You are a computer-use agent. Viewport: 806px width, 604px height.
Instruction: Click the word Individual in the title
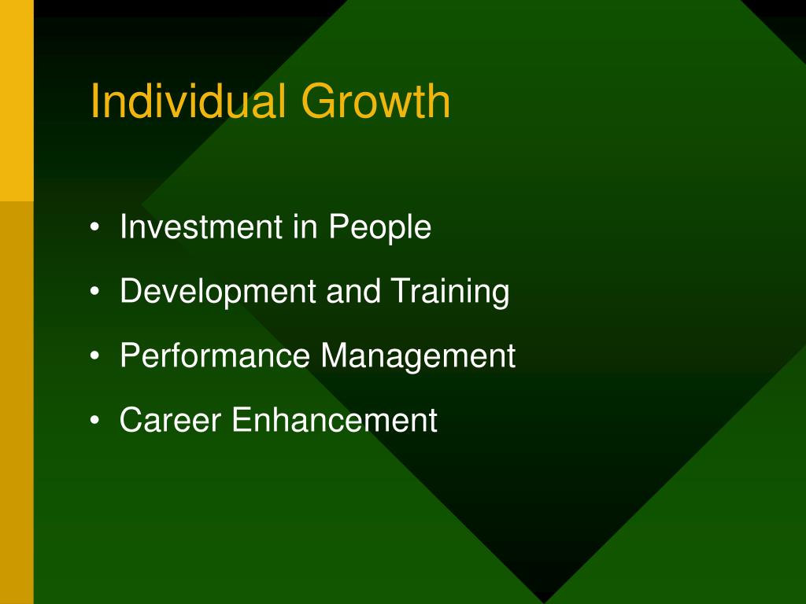coord(188,101)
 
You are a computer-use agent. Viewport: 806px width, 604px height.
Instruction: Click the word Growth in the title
coord(375,101)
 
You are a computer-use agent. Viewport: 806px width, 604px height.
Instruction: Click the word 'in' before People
coord(305,226)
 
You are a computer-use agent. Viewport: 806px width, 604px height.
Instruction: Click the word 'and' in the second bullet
coord(353,291)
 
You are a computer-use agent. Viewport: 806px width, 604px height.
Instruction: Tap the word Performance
coord(215,355)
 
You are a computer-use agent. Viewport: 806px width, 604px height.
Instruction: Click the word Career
coord(171,419)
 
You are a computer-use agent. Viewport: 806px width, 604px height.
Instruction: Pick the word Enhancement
coord(335,419)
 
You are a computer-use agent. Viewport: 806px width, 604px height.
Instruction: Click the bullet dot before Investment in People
coord(94,226)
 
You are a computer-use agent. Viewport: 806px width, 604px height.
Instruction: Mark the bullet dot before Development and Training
coord(94,291)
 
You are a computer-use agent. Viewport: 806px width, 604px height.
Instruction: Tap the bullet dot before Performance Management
coord(94,355)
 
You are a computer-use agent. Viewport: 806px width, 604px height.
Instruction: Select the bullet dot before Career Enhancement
coord(94,419)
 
